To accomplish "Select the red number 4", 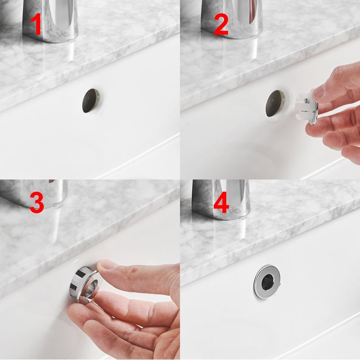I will coord(221,203).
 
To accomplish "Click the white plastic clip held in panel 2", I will coord(306,105).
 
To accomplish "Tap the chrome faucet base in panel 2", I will coord(234,18).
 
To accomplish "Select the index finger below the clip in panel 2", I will coord(333,124).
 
